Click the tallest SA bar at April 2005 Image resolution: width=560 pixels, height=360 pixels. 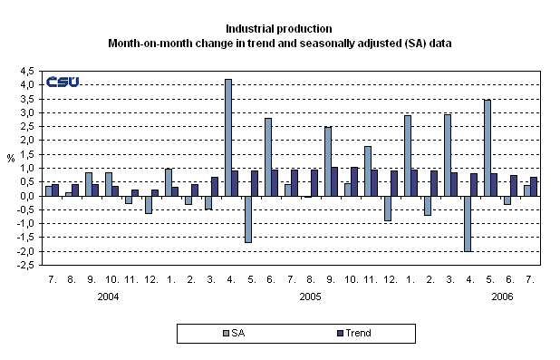(227, 137)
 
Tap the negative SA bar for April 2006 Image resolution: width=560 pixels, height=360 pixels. (468, 223)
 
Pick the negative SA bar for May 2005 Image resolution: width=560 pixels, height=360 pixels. (247, 219)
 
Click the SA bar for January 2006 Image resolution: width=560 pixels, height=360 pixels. (408, 155)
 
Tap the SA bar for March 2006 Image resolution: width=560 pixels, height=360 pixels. (448, 155)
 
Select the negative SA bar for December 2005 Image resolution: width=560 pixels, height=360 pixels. (388, 208)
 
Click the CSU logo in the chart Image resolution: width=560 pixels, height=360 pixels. (63, 82)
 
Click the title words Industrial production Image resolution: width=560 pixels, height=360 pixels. (280, 29)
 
